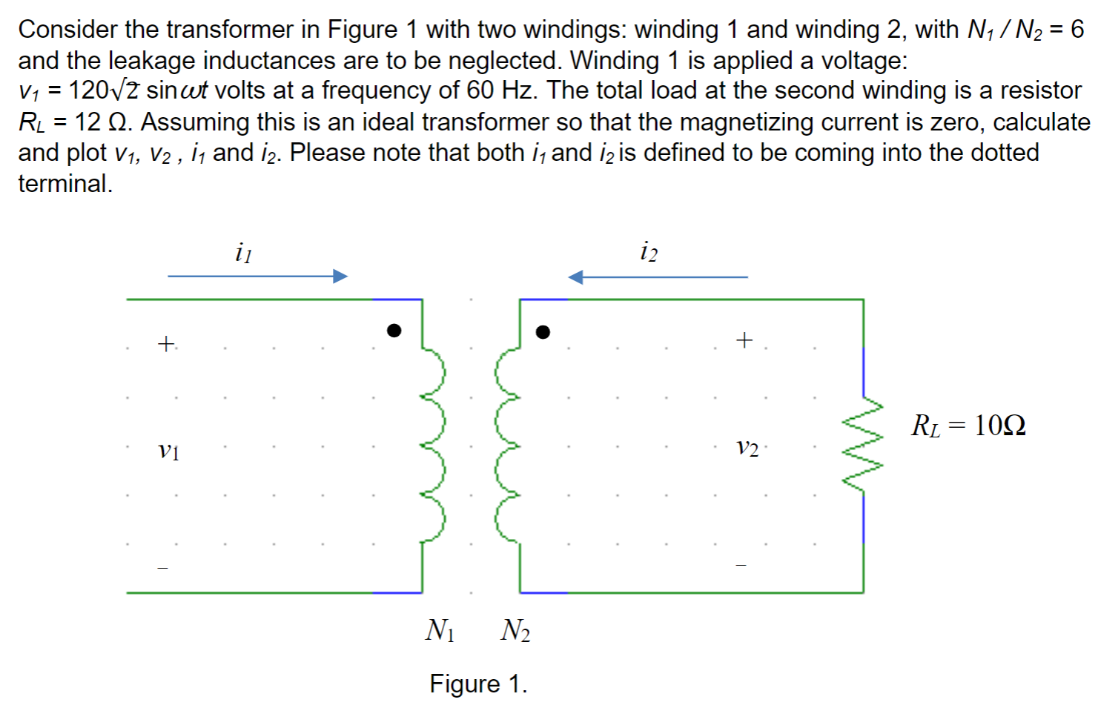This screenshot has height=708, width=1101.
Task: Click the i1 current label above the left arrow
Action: (x=243, y=253)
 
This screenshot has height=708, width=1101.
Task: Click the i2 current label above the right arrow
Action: (x=649, y=252)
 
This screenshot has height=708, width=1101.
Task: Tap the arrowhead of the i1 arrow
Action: (x=340, y=277)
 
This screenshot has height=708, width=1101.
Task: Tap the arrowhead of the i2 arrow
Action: (x=576, y=277)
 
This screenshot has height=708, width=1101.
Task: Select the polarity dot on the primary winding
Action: (x=394, y=331)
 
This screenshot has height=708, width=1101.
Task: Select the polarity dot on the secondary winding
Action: (x=543, y=332)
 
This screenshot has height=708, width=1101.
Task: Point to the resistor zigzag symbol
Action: (x=863, y=445)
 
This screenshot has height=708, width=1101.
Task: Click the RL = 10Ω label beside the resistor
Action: (x=968, y=426)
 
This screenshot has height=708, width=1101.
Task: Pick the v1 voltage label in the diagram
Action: (x=168, y=450)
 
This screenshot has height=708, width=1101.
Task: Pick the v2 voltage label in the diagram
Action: (x=747, y=448)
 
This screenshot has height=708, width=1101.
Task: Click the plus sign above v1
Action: (x=166, y=344)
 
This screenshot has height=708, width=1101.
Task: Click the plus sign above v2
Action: (x=744, y=340)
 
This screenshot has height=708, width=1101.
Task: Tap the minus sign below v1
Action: (x=163, y=569)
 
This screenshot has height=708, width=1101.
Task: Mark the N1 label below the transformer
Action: (x=440, y=630)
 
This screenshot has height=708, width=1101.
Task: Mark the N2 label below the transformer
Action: (x=515, y=630)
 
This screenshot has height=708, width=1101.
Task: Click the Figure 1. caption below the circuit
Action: (x=478, y=684)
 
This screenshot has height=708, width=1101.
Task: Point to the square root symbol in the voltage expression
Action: (x=124, y=90)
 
